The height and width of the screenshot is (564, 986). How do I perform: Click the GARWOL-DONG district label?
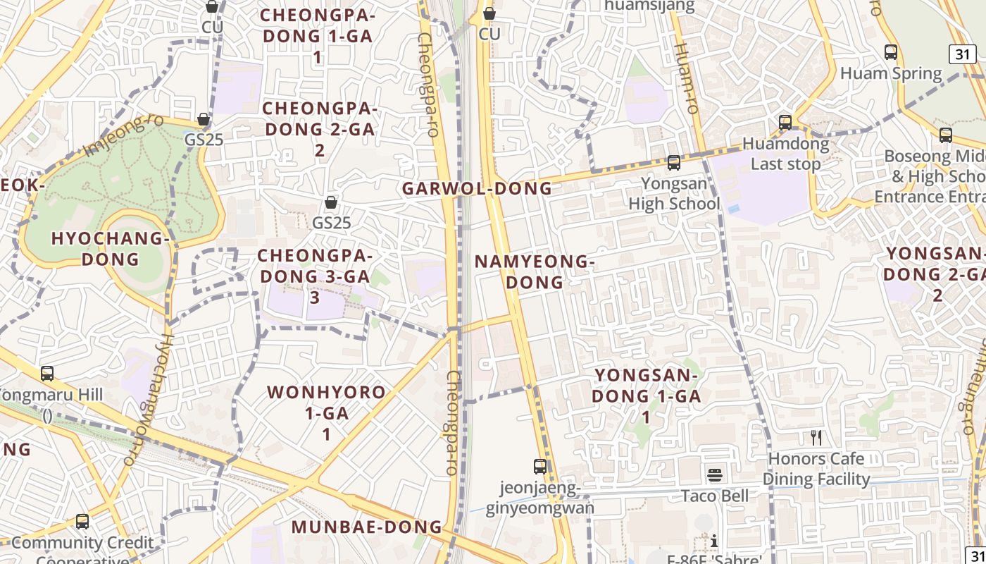[478, 188]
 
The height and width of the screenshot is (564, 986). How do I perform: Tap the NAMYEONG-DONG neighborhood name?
[535, 271]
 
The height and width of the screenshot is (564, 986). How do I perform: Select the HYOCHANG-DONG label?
[111, 248]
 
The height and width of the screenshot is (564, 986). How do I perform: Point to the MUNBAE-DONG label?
[367, 527]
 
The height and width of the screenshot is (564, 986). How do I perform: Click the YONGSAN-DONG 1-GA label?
[647, 396]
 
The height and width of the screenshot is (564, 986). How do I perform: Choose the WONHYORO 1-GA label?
[326, 412]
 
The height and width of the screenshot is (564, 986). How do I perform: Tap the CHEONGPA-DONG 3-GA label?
[315, 276]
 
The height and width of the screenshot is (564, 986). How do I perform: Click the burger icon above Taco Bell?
[715, 474]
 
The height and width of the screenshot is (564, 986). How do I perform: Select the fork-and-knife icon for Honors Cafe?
[816, 438]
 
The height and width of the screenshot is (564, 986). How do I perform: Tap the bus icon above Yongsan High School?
[674, 163]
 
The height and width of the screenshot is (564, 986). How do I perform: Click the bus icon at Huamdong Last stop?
[785, 123]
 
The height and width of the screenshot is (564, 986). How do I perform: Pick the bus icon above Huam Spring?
[891, 51]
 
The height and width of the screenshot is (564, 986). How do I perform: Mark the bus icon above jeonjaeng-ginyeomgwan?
[540, 466]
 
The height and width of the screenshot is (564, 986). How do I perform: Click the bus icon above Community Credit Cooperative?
[82, 522]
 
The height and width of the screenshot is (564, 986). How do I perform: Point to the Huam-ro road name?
[685, 78]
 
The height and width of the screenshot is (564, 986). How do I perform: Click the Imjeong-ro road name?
[123, 135]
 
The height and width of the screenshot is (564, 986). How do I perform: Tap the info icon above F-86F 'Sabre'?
[714, 541]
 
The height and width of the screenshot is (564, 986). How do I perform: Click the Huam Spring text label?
[891, 73]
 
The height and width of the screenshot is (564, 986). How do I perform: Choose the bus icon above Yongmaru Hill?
[47, 374]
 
